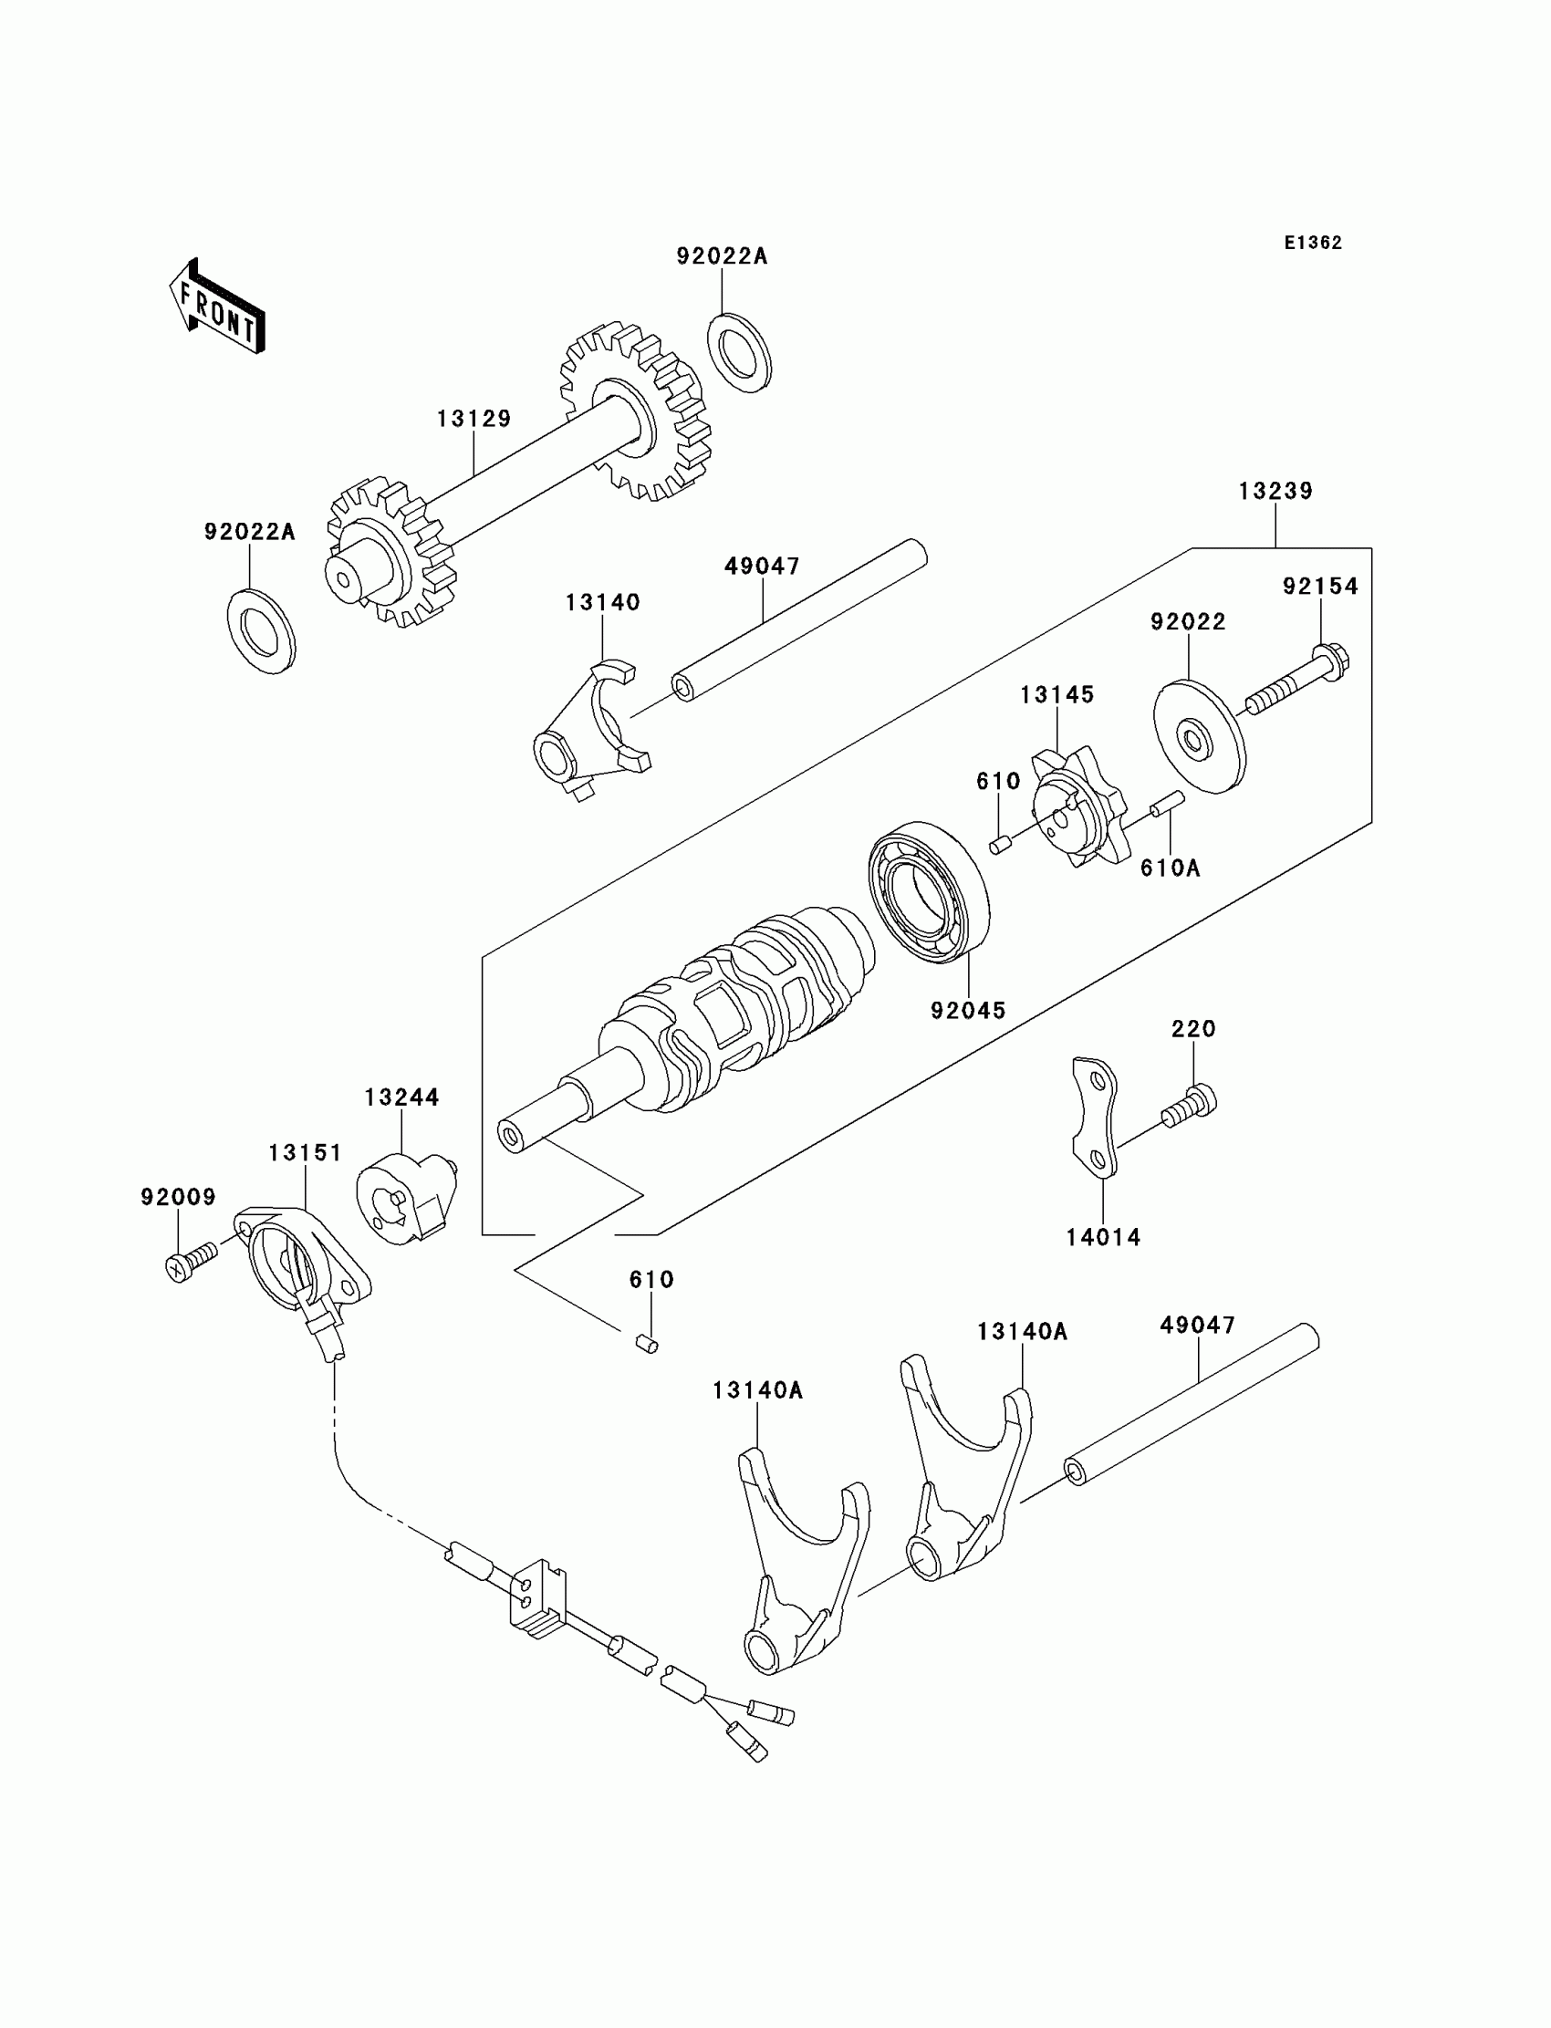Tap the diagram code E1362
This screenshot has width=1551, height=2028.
tap(1312, 243)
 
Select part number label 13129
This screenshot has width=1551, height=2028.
tap(474, 419)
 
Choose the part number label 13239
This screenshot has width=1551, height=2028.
tap(1275, 491)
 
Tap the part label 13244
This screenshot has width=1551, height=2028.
tap(401, 1097)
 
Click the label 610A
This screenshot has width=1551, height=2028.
tap(1170, 868)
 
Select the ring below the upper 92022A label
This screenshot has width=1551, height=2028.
tap(740, 354)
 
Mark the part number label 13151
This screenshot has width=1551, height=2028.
tap(305, 1153)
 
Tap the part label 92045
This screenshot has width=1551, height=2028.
tap(967, 1011)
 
